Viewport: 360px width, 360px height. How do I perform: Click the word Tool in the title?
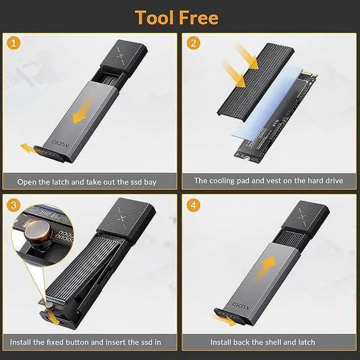click(x=155, y=17)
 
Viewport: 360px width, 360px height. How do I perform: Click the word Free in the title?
click(x=199, y=17)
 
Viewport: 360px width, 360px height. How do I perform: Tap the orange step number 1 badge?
click(x=13, y=43)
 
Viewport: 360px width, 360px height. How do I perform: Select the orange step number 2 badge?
click(x=193, y=43)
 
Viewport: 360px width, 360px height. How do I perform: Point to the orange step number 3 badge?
click(x=13, y=205)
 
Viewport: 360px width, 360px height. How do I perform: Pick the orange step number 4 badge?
click(x=193, y=205)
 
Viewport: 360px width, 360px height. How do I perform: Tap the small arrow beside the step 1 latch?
click(x=28, y=147)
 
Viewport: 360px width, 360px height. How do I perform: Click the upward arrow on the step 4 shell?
click(x=266, y=268)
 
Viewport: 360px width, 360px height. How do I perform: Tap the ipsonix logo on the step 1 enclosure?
click(x=60, y=142)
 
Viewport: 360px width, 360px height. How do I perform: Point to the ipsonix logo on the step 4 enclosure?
click(x=240, y=305)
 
